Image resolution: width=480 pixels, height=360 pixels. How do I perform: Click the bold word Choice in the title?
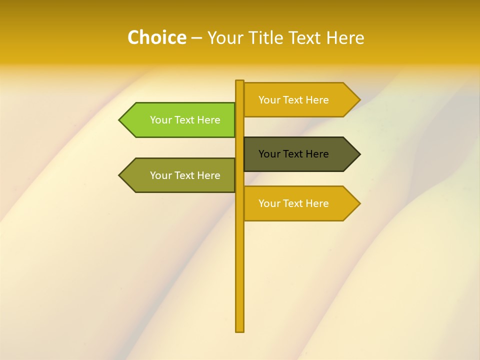[x=156, y=38]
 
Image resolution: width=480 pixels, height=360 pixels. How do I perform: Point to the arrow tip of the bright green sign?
[x=120, y=120]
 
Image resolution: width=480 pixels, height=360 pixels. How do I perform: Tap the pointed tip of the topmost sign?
[x=359, y=100]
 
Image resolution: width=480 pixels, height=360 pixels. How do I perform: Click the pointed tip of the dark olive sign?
[x=359, y=154]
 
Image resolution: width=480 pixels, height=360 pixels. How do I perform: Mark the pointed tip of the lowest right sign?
[x=359, y=203]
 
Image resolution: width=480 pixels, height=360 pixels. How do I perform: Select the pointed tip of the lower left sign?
[x=120, y=175]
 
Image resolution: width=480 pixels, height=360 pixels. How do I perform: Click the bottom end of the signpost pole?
[x=239, y=330]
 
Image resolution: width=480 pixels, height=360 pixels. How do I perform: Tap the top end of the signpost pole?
[x=239, y=82]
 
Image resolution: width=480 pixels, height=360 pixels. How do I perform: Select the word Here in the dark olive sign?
[x=317, y=154]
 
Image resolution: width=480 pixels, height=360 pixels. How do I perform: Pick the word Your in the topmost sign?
[x=269, y=100]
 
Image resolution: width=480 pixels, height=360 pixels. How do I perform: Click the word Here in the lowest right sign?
[x=317, y=203]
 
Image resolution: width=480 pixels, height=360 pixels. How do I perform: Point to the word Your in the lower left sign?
[x=160, y=175]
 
